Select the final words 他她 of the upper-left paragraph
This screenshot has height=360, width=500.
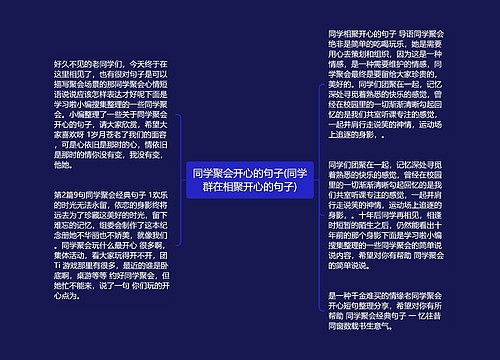tap(66, 164)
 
